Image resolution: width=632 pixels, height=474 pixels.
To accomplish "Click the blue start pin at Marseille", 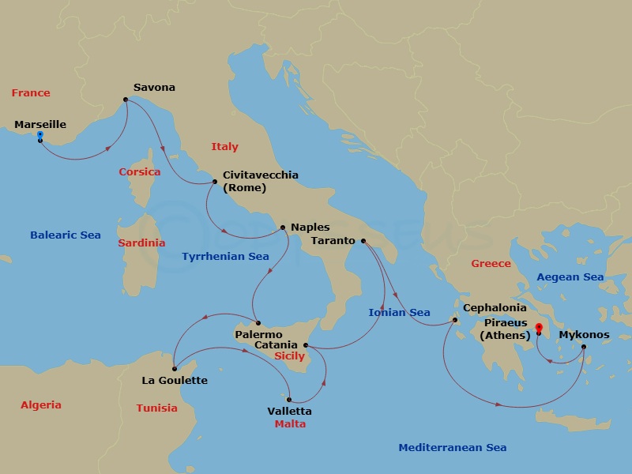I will coord(39,137).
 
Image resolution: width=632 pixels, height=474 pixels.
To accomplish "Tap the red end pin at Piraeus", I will coord(537,328).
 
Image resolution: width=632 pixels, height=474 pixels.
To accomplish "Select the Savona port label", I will coord(154,88).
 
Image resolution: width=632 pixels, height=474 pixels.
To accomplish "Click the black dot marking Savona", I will coord(125,100).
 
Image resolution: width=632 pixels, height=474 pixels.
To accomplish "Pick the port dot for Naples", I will coord(284,228).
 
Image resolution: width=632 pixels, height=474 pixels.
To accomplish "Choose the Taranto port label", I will coord(333,240).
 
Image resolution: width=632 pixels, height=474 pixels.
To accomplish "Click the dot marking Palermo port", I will coord(257,324).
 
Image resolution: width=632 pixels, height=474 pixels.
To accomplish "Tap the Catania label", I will coord(276,345).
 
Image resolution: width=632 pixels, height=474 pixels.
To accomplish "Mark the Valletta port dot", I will coord(290,399).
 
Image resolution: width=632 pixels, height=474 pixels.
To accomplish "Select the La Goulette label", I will coord(175,381).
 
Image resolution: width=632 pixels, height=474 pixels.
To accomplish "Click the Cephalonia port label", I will coord(495,308).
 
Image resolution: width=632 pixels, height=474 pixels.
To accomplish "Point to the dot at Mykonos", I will coord(584,346).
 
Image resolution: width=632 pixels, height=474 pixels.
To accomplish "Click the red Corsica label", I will coord(139,171).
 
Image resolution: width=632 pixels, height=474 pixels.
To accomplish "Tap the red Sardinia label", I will coord(141,243).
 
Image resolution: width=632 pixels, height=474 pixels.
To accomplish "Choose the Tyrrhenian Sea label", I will coord(225,257).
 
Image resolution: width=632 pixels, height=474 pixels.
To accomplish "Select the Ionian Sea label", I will coord(399,313).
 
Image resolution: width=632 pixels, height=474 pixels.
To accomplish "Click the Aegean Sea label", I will coord(570,277).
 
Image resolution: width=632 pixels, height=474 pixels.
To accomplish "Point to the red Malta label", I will coord(290,424).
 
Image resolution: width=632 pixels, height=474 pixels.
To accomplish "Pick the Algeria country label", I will coord(41,405).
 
